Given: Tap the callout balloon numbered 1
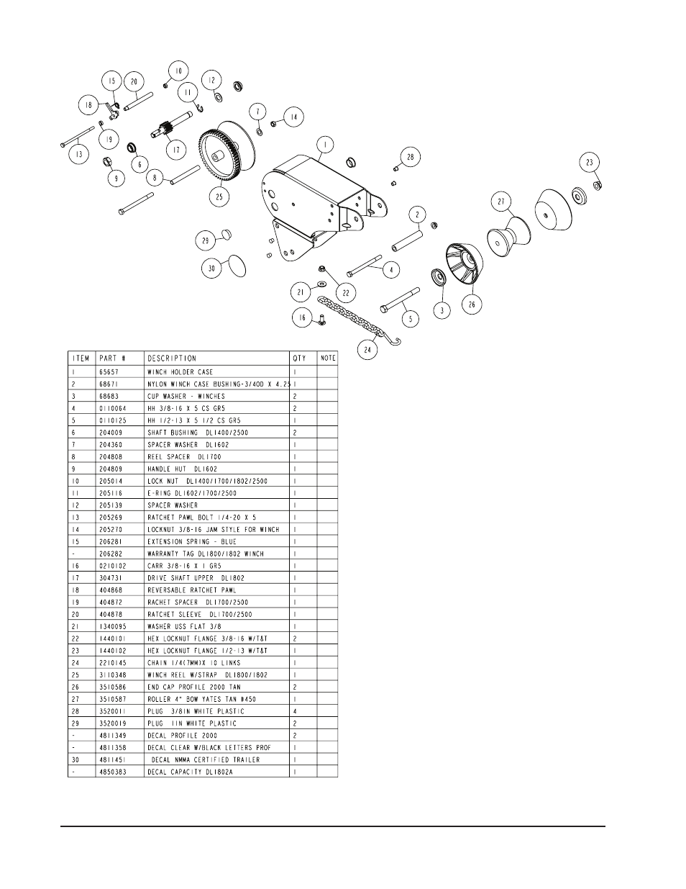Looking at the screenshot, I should [x=325, y=145].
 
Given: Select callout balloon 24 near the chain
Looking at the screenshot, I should [x=369, y=350].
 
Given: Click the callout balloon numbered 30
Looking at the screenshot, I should [x=212, y=268].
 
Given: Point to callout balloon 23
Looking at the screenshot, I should [x=590, y=163].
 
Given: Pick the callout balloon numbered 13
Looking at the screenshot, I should [x=79, y=153].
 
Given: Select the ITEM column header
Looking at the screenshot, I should [x=81, y=358].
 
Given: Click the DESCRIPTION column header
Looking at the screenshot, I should [x=172, y=358].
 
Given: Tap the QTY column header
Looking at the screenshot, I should [x=299, y=358].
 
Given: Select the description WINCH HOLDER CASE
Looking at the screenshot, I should [x=180, y=372].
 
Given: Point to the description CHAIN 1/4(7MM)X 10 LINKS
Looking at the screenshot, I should [x=193, y=662].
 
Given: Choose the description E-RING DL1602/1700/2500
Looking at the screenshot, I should [x=192, y=493].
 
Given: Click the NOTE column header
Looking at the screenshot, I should [x=328, y=358].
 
